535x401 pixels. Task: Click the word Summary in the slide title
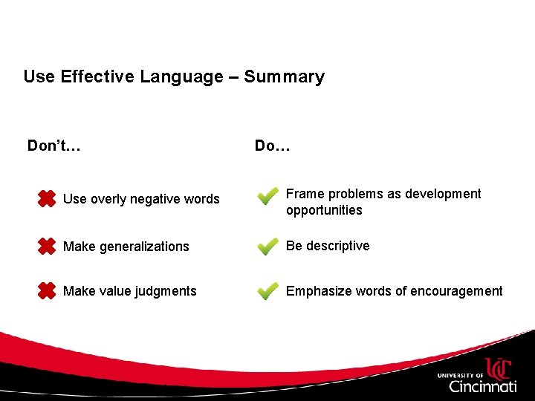[284, 77]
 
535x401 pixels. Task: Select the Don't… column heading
[53, 146]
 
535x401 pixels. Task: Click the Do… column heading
[272, 146]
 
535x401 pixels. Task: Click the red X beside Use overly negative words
[46, 198]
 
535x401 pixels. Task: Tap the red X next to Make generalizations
[46, 246]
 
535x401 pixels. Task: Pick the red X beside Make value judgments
[46, 291]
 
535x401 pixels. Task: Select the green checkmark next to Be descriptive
[267, 246]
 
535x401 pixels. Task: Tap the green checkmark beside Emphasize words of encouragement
[267, 291]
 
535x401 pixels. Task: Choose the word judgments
[167, 291]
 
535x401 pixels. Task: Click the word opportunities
[324, 211]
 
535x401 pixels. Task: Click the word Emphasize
[317, 291]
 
